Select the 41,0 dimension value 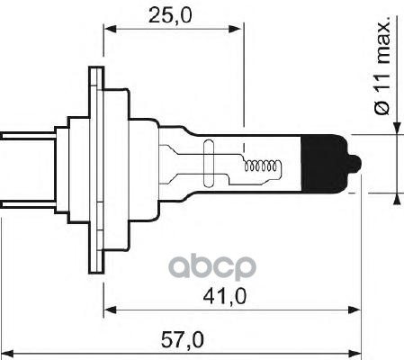(233, 296)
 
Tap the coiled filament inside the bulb (265, 166)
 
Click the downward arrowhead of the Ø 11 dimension (395, 126)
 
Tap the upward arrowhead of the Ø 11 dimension (395, 200)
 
